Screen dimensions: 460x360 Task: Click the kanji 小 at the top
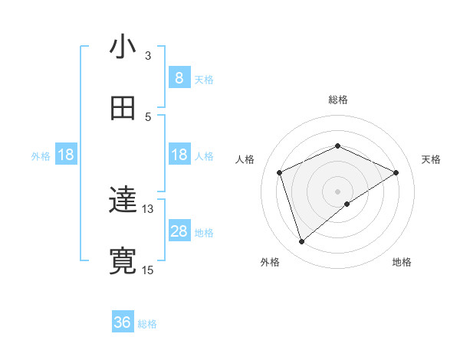123,47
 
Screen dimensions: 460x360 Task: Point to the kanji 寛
123,261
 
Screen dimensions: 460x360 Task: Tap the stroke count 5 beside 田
149,116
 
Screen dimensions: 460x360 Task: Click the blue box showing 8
179,77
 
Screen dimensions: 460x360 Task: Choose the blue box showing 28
179,231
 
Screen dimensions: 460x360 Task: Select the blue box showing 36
123,322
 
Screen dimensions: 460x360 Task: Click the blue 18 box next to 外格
66,155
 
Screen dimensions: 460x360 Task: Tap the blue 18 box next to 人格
179,155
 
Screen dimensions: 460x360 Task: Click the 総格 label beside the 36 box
147,324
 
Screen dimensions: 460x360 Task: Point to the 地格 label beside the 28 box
204,233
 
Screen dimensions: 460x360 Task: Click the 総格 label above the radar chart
338,100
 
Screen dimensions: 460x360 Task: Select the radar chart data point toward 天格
396,172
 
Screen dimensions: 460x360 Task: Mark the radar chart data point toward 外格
301,242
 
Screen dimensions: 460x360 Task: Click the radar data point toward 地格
347,204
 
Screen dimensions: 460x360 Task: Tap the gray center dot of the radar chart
338,191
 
